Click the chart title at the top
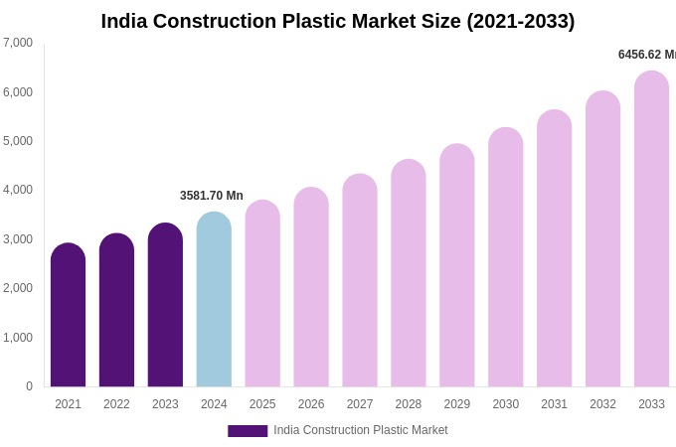click(x=338, y=21)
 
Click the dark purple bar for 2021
click(x=68, y=316)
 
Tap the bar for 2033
click(x=651, y=229)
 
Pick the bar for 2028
click(x=409, y=274)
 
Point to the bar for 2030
click(x=505, y=258)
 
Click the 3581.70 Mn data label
click(x=212, y=196)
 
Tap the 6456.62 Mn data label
click(x=646, y=55)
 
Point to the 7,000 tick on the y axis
click(x=18, y=43)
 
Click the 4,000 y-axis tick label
click(x=18, y=190)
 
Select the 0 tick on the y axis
click(x=29, y=386)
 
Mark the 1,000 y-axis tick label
click(x=18, y=338)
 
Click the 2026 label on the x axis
click(x=311, y=404)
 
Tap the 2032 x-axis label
click(x=602, y=404)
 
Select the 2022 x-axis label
click(x=116, y=404)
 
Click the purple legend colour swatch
click(x=248, y=431)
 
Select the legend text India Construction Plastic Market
click(x=361, y=430)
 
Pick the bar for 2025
click(x=262, y=294)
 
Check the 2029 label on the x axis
click(x=457, y=404)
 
